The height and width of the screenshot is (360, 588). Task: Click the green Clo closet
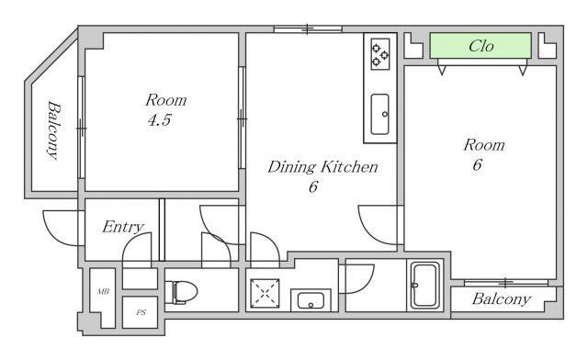tap(481, 46)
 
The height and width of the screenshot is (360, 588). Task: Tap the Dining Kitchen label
tap(322, 167)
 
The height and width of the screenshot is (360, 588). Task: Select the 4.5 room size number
tap(159, 120)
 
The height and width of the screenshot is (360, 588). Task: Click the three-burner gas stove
tap(379, 54)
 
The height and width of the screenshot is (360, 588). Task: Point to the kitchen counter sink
tap(379, 114)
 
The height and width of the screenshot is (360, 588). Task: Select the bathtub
tap(424, 285)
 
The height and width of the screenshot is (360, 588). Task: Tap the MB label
tap(103, 291)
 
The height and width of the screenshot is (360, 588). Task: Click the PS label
tap(141, 312)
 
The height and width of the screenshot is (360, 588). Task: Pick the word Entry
tap(123, 227)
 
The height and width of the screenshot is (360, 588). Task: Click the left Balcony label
tap(53, 130)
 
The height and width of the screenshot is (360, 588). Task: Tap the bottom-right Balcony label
tap(502, 298)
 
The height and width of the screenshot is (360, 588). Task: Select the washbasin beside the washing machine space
tap(311, 300)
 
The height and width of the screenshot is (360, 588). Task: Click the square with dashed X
tap(265, 293)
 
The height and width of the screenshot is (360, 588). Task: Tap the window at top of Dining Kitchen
tap(308, 28)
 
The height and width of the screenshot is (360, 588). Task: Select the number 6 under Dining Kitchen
tap(313, 186)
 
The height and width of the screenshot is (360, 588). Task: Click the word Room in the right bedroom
tap(484, 145)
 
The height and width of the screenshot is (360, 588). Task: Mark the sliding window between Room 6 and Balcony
tap(506, 282)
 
